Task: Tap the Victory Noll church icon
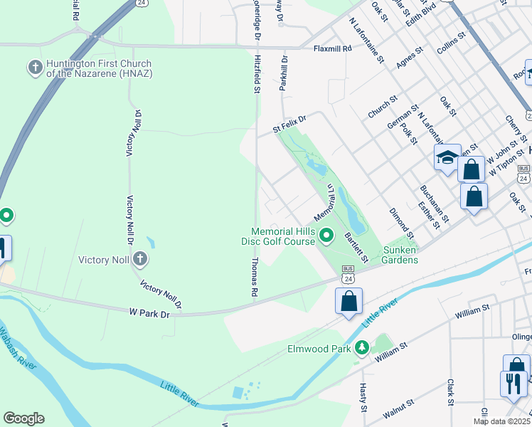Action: tap(140, 259)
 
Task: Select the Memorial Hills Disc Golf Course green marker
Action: tap(326, 234)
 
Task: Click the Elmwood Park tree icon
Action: tap(363, 348)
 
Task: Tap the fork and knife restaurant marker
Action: tap(512, 383)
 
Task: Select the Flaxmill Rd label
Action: tap(333, 49)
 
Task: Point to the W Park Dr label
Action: tap(150, 312)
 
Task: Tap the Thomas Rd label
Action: tap(254, 277)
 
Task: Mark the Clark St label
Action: tap(451, 391)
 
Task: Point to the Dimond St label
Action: tap(401, 222)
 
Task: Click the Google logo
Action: tap(23, 418)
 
